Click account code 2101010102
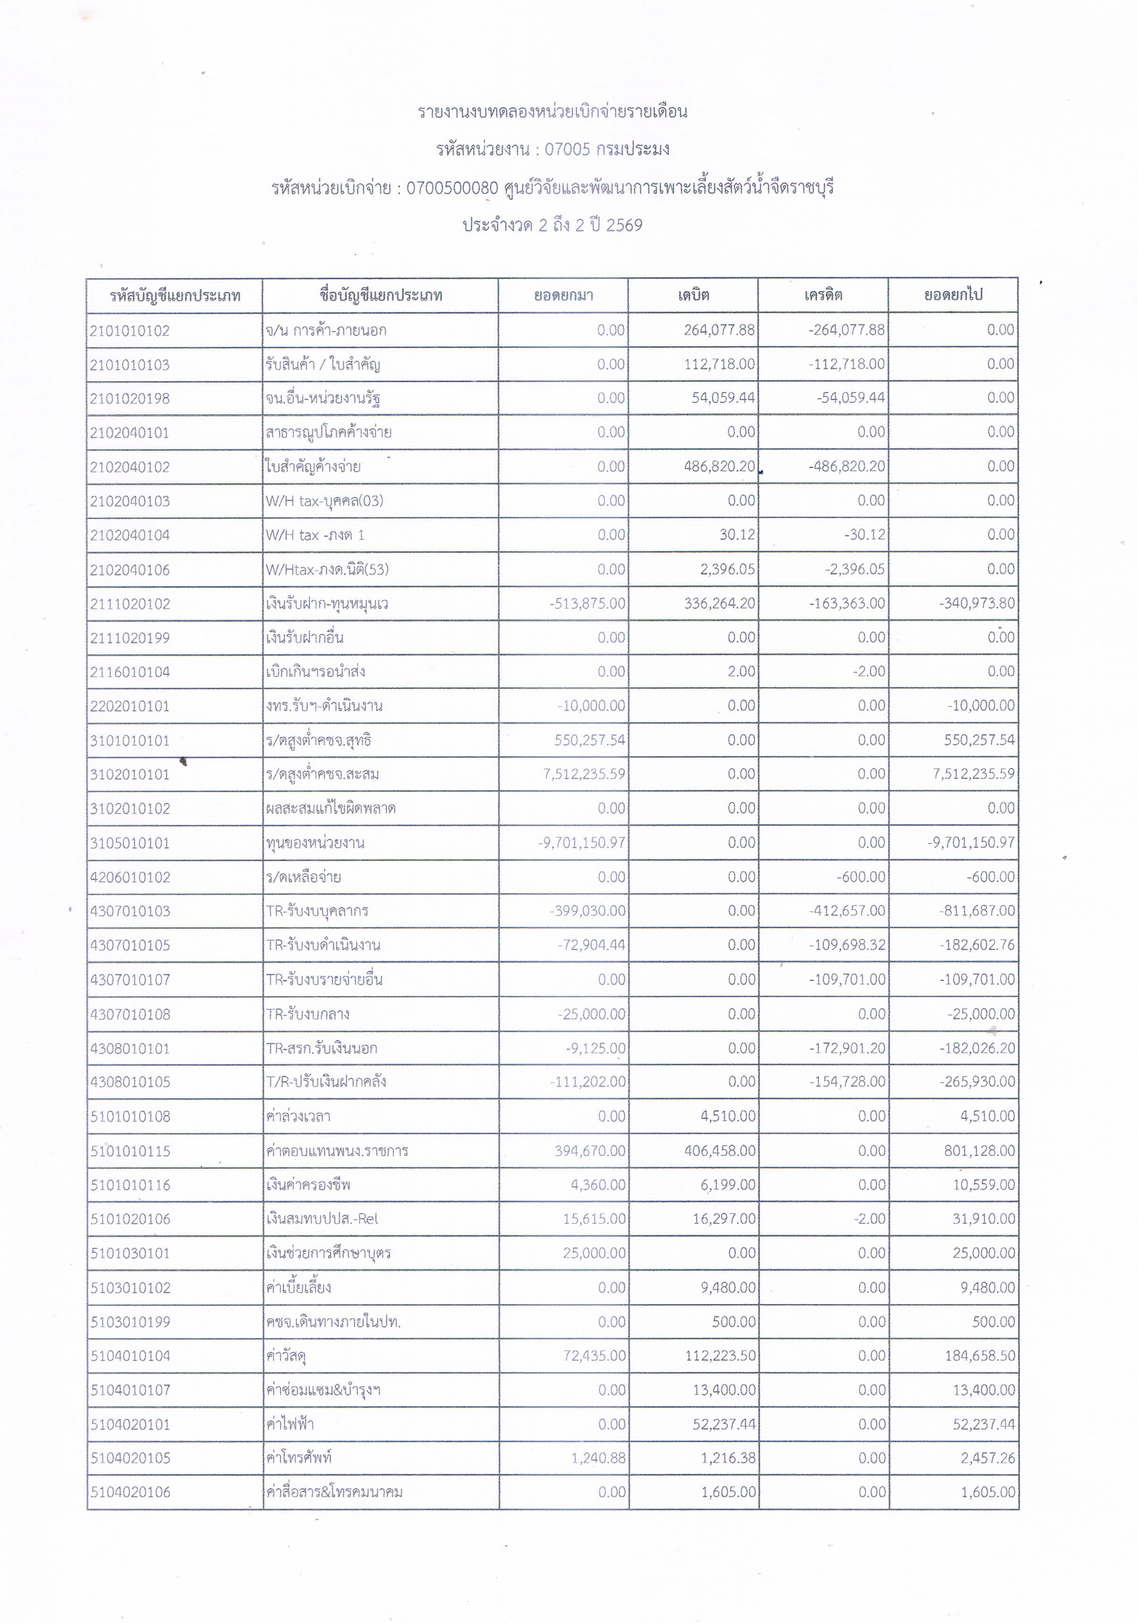[130, 331]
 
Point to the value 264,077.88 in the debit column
[719, 330]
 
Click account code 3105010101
[130, 843]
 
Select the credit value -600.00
[860, 877]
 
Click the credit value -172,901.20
[847, 1048]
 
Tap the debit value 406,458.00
[719, 1151]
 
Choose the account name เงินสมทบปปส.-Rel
[322, 1219]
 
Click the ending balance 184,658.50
[980, 1356]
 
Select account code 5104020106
[130, 1492]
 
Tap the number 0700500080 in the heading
[453, 188]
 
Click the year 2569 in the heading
[624, 225]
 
